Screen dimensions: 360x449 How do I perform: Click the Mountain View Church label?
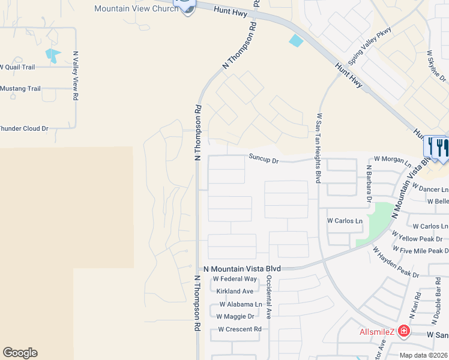(136, 8)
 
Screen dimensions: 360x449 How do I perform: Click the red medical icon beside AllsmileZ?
(404, 331)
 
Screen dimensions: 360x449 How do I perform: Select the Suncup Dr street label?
(264, 160)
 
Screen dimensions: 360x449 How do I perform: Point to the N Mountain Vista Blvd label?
(243, 269)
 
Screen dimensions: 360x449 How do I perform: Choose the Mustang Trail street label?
(20, 89)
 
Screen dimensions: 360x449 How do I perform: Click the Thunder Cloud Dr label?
(24, 128)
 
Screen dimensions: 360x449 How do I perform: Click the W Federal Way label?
(235, 279)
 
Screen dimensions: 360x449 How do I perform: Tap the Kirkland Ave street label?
(235, 291)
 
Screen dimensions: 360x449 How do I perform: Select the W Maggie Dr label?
(236, 316)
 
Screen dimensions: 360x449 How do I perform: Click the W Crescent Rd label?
(240, 329)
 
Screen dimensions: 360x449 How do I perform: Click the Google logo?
(20, 353)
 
